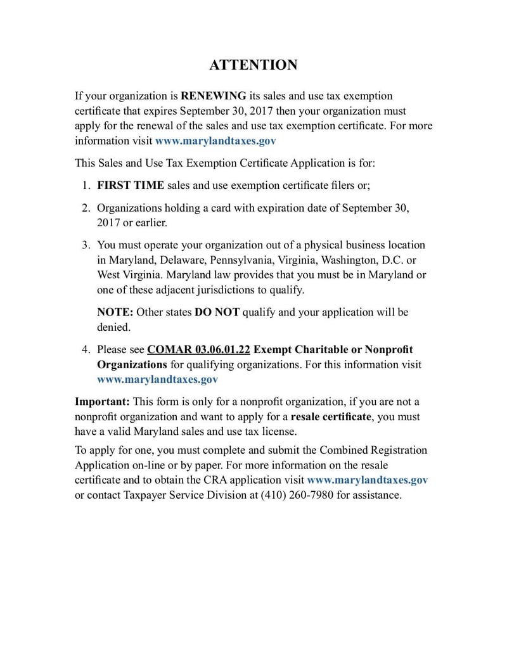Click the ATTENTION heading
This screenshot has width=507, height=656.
tap(253, 65)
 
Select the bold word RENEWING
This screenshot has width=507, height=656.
tap(214, 96)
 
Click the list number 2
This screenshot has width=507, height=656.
tap(86, 208)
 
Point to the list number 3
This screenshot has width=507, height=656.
tap(86, 245)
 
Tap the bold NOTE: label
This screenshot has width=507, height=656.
tap(113, 312)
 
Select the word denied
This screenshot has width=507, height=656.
tap(113, 328)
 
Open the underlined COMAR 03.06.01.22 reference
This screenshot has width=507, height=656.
tap(199, 350)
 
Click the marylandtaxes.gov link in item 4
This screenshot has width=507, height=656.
tap(157, 380)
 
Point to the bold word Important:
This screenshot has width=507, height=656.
tap(103, 402)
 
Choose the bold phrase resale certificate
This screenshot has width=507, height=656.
tap(331, 417)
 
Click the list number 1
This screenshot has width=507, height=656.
tap(86, 185)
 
